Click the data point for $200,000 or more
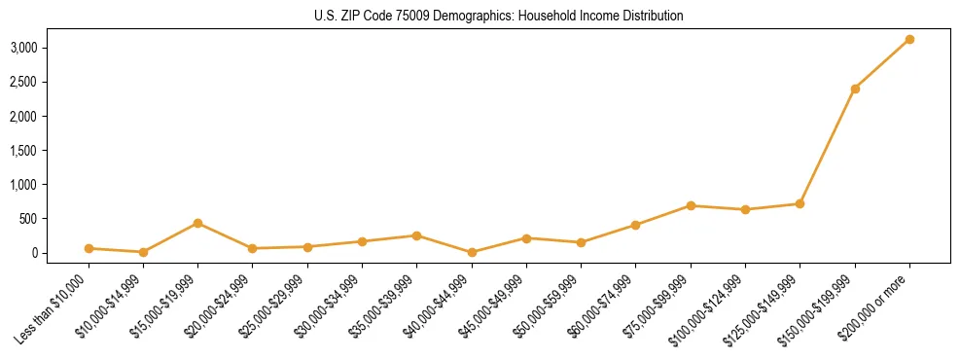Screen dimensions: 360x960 click(x=909, y=39)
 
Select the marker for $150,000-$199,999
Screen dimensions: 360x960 click(x=855, y=89)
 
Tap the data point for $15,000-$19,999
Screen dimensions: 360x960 click(x=197, y=223)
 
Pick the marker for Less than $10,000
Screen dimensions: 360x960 click(x=89, y=248)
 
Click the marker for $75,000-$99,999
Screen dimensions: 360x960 click(x=691, y=205)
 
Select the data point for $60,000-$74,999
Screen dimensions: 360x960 click(x=636, y=225)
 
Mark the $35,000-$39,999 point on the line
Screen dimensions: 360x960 click(x=416, y=235)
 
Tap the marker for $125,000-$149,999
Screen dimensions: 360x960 click(x=800, y=203)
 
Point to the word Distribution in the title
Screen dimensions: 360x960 click(x=649, y=16)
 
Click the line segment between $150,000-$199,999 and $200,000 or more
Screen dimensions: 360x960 click(x=882, y=64)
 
